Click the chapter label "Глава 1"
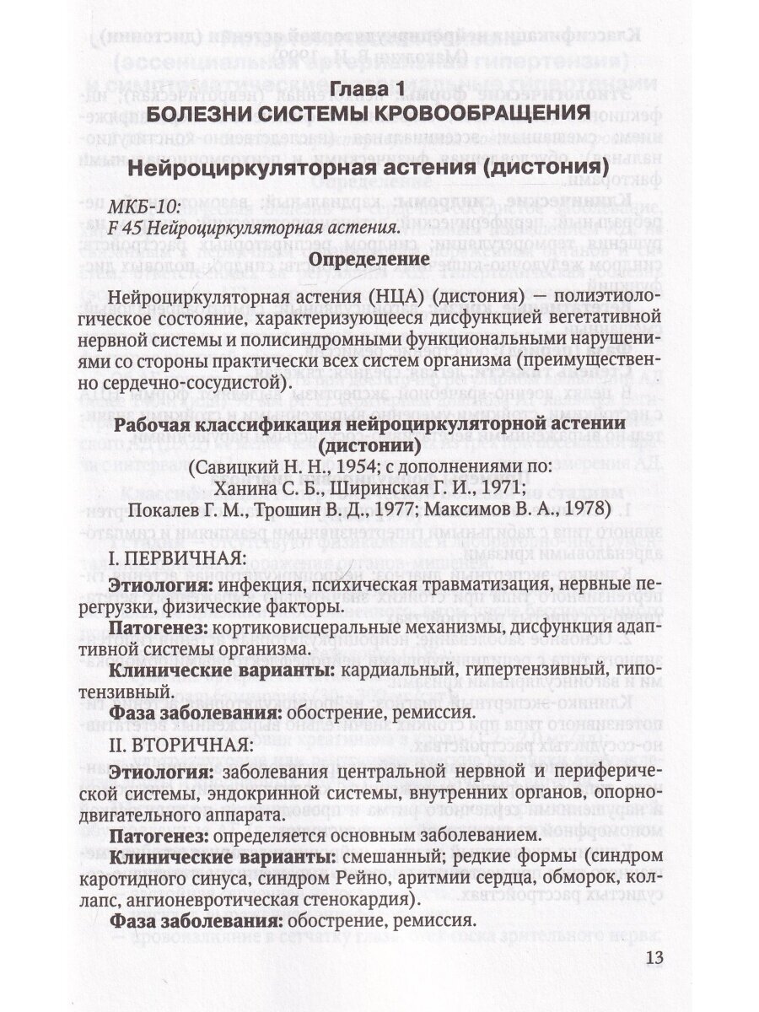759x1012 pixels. pyautogui.click(x=368, y=88)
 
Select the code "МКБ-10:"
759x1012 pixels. pyautogui.click(x=134, y=207)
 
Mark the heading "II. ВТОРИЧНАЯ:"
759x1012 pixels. pyautogui.click(x=180, y=746)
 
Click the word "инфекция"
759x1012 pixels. pyautogui.click(x=256, y=584)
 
